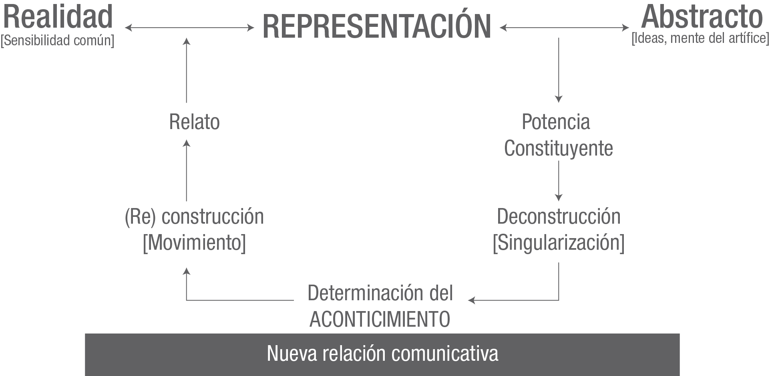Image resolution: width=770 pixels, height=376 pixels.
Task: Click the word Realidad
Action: coord(58,17)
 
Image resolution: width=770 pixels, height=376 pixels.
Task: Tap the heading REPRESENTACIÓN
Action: coord(377,27)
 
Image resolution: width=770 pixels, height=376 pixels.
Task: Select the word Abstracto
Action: coord(702,17)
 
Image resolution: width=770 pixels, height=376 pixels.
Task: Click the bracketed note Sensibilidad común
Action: coord(57,40)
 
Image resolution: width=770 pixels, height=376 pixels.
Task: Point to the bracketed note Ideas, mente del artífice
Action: coord(700,39)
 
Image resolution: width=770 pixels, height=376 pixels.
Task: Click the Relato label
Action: coord(195,122)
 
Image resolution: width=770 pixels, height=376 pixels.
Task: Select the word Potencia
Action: coord(556,122)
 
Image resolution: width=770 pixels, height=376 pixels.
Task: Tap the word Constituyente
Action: coord(558,148)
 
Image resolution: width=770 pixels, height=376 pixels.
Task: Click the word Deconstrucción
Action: coord(559,217)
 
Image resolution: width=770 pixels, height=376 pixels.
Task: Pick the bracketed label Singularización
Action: coord(559,243)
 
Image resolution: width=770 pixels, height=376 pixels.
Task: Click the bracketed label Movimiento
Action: coord(195,243)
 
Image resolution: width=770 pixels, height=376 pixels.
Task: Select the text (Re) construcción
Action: coord(195,217)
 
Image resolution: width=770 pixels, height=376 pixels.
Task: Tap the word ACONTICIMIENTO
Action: coord(380,319)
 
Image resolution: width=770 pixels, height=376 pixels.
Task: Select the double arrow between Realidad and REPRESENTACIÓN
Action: coord(189,28)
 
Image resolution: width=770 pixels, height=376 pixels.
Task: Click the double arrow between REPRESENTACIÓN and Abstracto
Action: coord(565,28)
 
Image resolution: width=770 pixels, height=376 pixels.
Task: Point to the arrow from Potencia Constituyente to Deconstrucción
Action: coord(559,181)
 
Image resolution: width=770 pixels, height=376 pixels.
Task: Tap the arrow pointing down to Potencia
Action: coord(559,70)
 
